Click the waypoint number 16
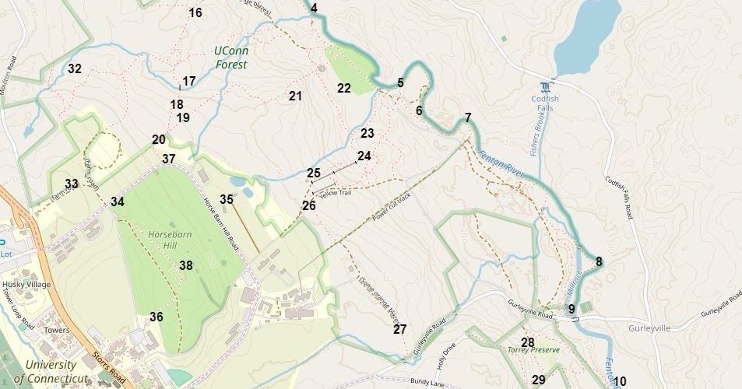[195, 12]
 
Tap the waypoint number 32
[74, 68]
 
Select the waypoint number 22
[344, 88]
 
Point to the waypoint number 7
[468, 118]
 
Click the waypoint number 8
[600, 261]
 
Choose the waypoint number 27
[400, 329]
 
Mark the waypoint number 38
[186, 265]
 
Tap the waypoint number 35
[227, 199]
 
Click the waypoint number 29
[539, 380]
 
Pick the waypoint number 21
[295, 96]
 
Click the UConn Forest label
[230, 58]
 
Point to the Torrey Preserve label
[533, 351]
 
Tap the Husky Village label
[26, 285]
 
